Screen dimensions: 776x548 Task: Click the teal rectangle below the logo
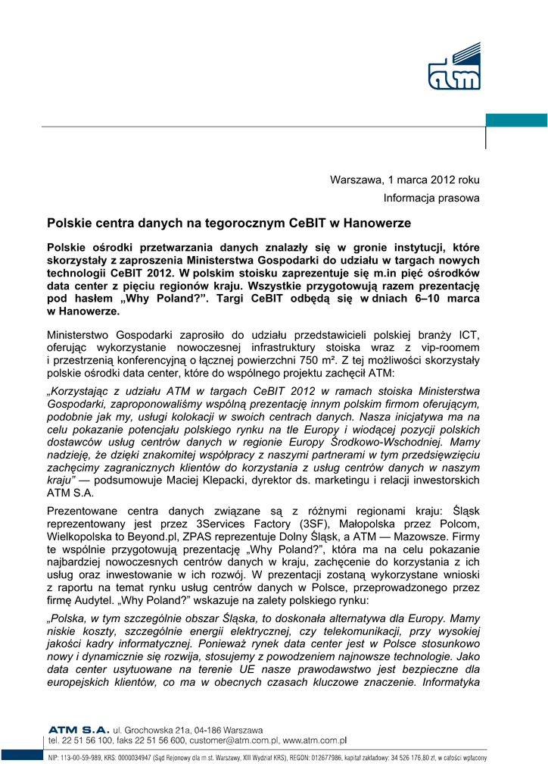coord(516,120)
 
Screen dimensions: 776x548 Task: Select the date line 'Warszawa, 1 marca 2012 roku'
coord(404,180)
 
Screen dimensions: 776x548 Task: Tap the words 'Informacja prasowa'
coord(431,199)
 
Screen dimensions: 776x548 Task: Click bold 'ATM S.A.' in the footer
coord(79,729)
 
